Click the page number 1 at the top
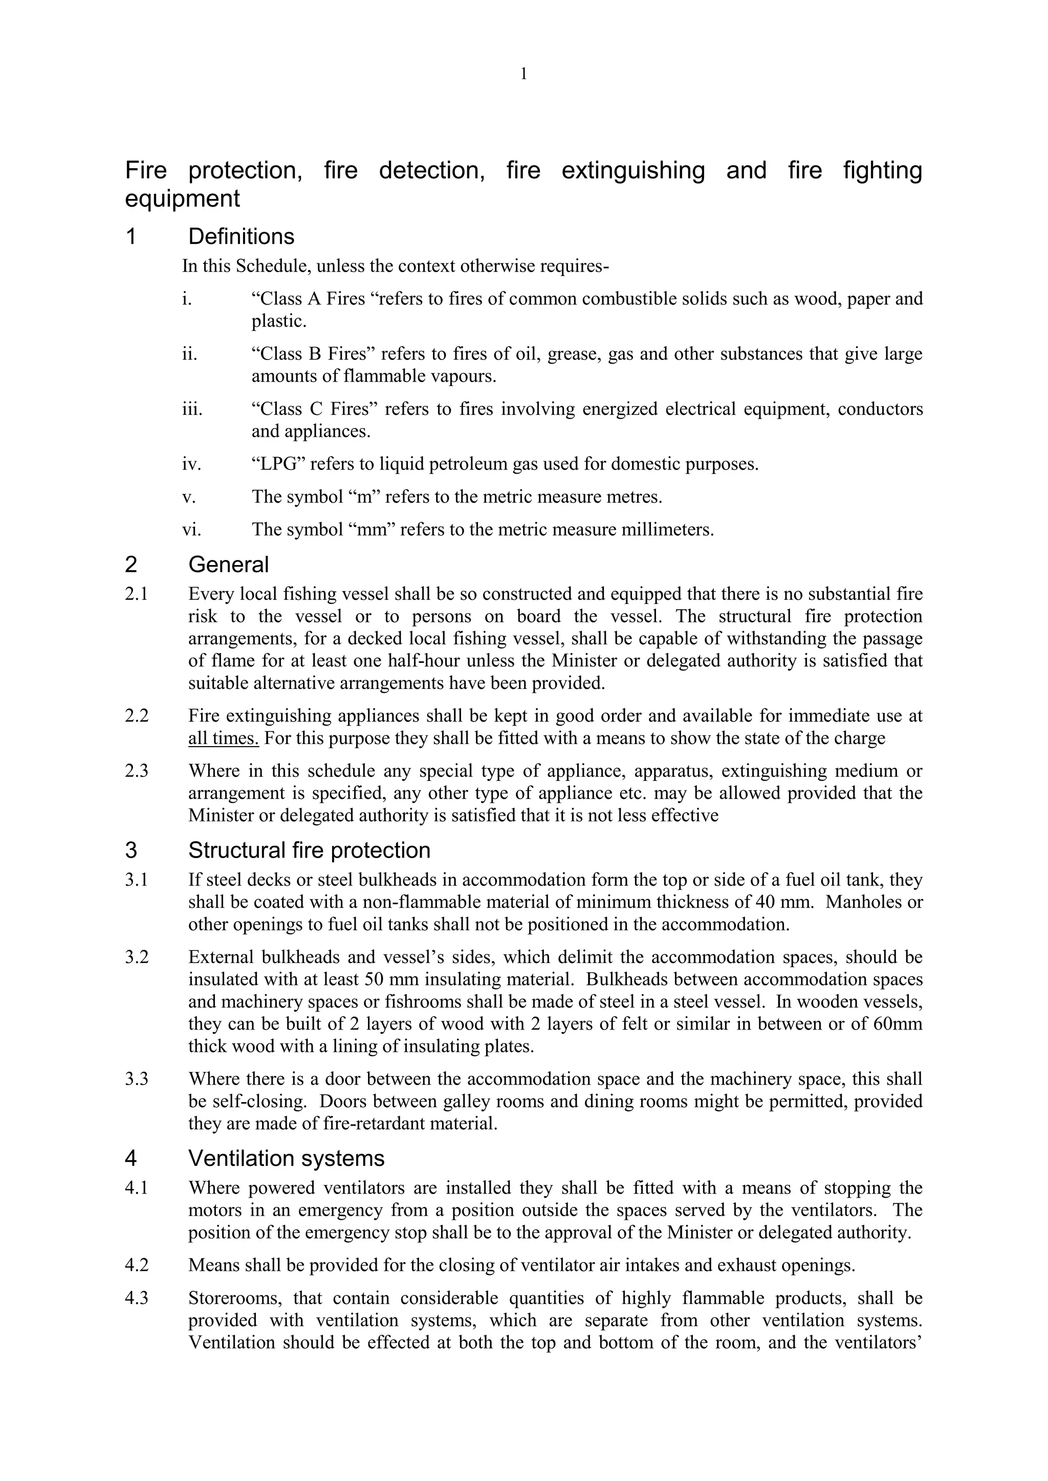tap(523, 75)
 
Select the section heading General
tap(228, 565)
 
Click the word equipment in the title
tap(182, 198)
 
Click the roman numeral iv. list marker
tap(192, 464)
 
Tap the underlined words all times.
tap(223, 738)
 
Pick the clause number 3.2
tap(137, 957)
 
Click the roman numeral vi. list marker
tap(192, 530)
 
